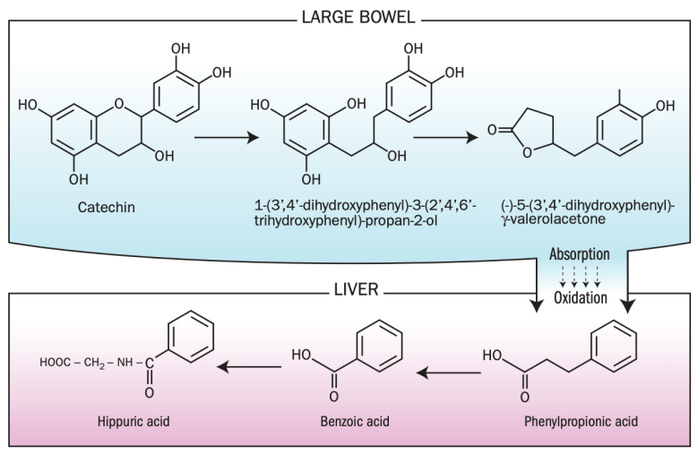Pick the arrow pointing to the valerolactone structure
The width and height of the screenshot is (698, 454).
pos(444,139)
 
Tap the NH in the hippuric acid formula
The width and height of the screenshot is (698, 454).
pos(124,364)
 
